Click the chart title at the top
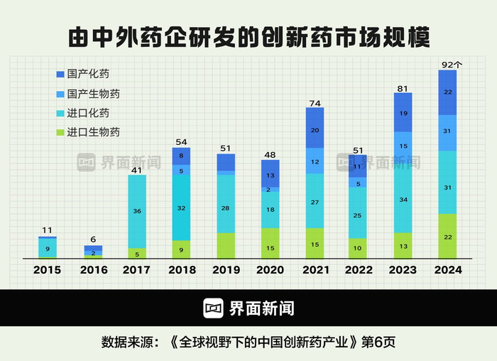(x=248, y=37)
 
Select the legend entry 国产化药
(x=88, y=74)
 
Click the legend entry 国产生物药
(x=93, y=93)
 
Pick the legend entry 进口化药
(x=88, y=113)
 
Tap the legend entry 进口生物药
(x=93, y=132)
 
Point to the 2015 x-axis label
(x=47, y=270)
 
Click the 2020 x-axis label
(x=270, y=270)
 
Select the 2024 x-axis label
(x=447, y=270)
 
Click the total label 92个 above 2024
(x=451, y=65)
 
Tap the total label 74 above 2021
(x=315, y=103)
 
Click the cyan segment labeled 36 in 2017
(x=137, y=211)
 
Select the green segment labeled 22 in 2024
(x=447, y=237)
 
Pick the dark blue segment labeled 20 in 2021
(x=315, y=130)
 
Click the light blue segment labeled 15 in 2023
(x=403, y=146)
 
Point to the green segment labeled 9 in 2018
(x=181, y=249)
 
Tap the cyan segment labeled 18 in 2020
(x=270, y=210)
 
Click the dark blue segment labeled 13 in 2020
(x=270, y=175)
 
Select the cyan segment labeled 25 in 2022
(x=359, y=215)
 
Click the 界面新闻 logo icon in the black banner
(x=214, y=308)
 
